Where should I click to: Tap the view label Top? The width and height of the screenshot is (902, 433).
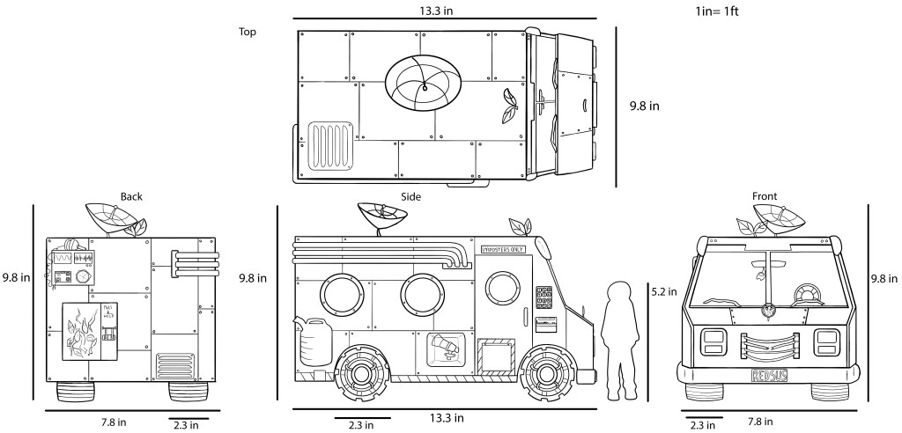(x=248, y=32)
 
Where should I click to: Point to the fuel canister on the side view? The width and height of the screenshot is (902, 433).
(x=314, y=342)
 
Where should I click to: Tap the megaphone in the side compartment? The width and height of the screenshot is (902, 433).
(x=445, y=348)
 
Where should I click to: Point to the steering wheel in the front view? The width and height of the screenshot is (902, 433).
(x=804, y=293)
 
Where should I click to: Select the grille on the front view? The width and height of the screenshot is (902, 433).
(x=769, y=344)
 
